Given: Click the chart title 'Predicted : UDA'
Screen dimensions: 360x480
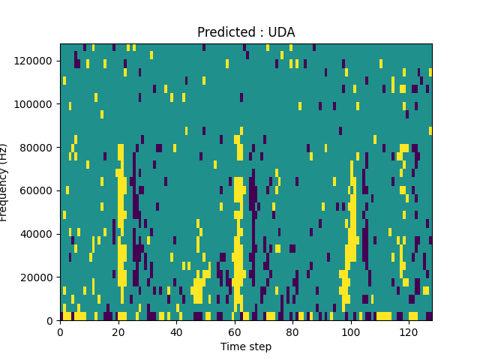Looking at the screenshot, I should [246, 32].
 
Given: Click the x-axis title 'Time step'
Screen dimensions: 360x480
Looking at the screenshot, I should [246, 346].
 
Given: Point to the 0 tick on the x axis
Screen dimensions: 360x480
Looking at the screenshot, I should [60, 331].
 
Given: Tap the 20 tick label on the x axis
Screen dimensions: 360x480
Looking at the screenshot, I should [118, 331].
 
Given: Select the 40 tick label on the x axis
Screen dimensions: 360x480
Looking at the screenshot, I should [176, 331].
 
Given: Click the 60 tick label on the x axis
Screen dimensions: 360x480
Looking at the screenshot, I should [235, 331].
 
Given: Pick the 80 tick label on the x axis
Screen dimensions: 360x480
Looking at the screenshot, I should [292, 331].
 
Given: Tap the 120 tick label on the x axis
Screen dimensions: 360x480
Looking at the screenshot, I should [409, 331].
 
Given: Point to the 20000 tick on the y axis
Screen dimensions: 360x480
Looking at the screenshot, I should [39, 277].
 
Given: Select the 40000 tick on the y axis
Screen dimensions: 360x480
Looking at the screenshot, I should [39, 234].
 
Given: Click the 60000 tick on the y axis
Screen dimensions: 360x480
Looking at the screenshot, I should [39, 190].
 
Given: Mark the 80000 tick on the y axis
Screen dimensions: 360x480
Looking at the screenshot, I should [39, 147].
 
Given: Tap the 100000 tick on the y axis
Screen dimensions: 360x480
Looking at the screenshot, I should [37, 103].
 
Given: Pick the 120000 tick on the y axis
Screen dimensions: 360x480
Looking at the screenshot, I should [37, 60].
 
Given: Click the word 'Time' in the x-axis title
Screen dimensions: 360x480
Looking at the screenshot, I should [232, 346].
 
